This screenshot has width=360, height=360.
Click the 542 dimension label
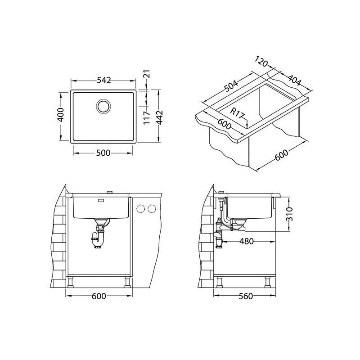tap(104, 81)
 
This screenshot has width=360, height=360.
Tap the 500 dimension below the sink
tap(103, 153)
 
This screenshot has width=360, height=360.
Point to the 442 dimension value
tap(159, 117)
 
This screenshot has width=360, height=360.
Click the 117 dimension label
tap(147, 118)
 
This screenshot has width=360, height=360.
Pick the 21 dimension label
tap(147, 74)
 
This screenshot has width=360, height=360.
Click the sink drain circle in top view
tap(103, 106)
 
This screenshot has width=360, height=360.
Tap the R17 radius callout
tap(237, 114)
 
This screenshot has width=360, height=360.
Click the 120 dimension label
tap(261, 61)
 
